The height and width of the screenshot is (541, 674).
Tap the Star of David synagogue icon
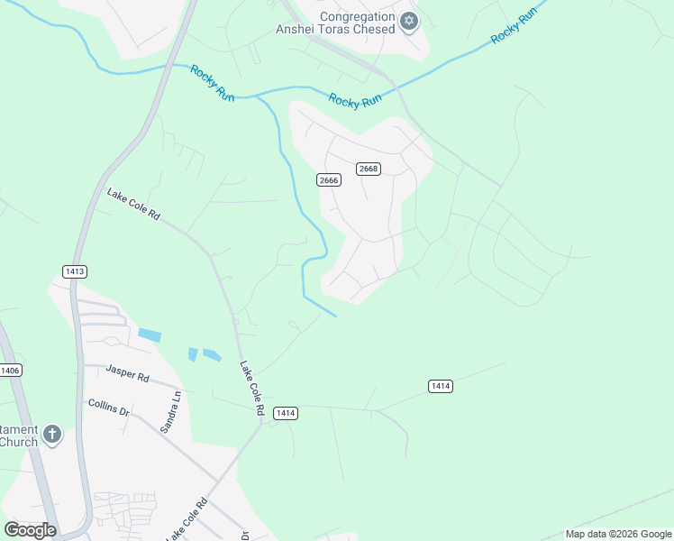pyautogui.click(x=409, y=21)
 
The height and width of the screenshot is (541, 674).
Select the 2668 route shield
pyautogui.click(x=368, y=169)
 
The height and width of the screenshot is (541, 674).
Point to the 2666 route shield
pyautogui.click(x=329, y=180)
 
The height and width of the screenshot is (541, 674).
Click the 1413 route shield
pyautogui.click(x=75, y=270)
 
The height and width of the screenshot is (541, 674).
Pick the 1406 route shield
pyautogui.click(x=10, y=370)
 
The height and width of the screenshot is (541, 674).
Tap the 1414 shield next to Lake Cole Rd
pyautogui.click(x=285, y=413)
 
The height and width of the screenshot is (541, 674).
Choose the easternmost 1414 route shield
pyautogui.click(x=440, y=386)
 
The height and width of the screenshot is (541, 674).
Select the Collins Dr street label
pyautogui.click(x=109, y=407)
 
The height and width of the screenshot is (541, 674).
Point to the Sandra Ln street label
pyautogui.click(x=171, y=412)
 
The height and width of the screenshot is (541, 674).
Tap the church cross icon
pyautogui.click(x=52, y=435)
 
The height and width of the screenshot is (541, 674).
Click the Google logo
pyautogui.click(x=30, y=530)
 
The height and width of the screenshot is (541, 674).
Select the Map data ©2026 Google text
pyautogui.click(x=618, y=534)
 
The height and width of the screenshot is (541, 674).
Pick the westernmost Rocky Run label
pyautogui.click(x=212, y=82)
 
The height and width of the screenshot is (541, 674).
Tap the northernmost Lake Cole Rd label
pyautogui.click(x=132, y=205)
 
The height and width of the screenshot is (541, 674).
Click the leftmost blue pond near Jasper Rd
pyautogui.click(x=150, y=335)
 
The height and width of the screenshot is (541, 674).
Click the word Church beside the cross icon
pyautogui.click(x=18, y=442)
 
